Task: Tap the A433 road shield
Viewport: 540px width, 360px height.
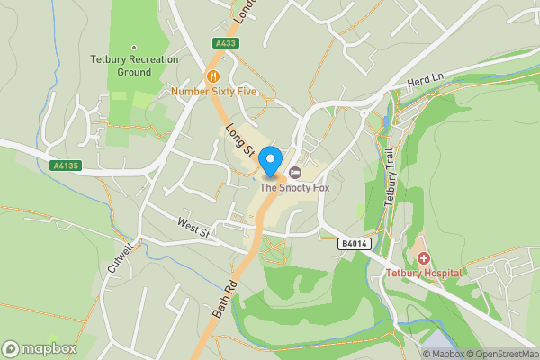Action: pyautogui.click(x=226, y=43)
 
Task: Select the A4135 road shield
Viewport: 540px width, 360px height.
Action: pyautogui.click(x=65, y=166)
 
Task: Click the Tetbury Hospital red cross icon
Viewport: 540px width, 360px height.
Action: pyautogui.click(x=423, y=258)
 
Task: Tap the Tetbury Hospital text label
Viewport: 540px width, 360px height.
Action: pyautogui.click(x=424, y=273)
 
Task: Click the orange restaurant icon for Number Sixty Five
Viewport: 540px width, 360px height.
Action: pyautogui.click(x=213, y=76)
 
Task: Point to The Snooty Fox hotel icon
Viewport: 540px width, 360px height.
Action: pyautogui.click(x=294, y=173)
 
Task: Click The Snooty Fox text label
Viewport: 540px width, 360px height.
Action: pyautogui.click(x=295, y=188)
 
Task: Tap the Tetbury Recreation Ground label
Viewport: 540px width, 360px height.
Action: pyautogui.click(x=134, y=66)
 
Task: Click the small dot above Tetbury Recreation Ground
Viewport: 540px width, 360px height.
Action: pyautogui.click(x=134, y=48)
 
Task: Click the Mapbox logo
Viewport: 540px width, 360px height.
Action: pyautogui.click(x=40, y=348)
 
